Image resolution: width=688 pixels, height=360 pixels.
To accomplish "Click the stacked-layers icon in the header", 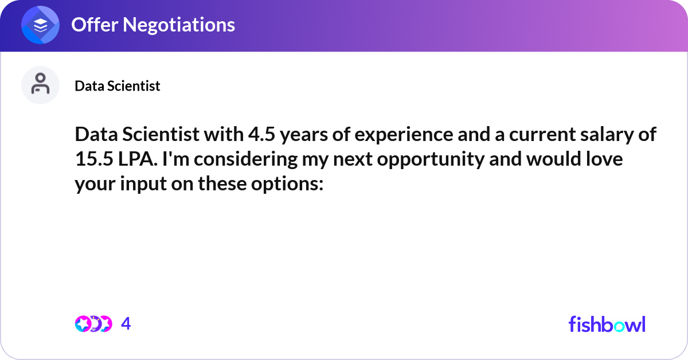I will (x=41, y=25).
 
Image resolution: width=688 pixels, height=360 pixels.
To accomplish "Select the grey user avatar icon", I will (x=41, y=85).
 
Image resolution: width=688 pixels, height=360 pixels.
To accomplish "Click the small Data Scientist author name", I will (x=118, y=86).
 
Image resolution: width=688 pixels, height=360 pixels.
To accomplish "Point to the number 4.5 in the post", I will (x=261, y=135).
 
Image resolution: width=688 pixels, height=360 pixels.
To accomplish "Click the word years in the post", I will (x=302, y=135).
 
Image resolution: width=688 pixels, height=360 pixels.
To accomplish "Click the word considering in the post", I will (x=243, y=159).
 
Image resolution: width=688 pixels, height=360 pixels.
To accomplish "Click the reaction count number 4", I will (x=126, y=324).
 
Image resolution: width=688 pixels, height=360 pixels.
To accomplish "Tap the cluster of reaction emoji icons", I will (x=93, y=324).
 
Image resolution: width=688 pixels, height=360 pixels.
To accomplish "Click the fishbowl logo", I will (x=607, y=324).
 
